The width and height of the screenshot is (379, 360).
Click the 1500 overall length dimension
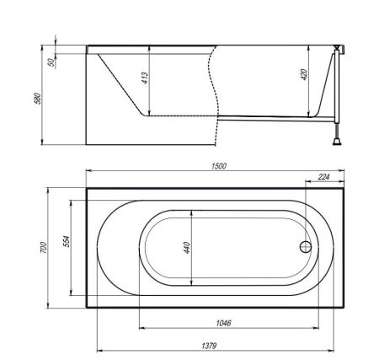219,166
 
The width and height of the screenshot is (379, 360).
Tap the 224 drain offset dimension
323,177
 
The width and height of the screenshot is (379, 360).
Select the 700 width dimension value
43,247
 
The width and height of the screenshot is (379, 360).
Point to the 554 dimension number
66,241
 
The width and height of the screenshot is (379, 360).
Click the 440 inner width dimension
187,248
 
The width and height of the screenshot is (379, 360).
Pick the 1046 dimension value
223,323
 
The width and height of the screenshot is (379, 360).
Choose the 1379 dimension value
209,346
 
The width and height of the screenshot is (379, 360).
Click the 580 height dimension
37,99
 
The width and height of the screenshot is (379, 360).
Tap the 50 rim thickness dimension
51,62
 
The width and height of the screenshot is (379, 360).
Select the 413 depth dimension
145,78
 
